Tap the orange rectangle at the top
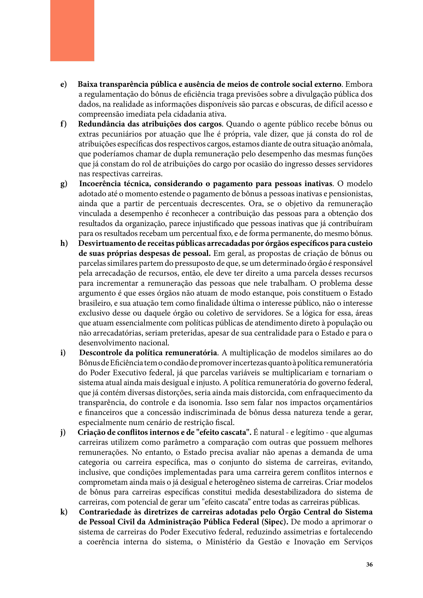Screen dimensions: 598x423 (x=72, y=31)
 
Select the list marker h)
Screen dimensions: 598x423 (x=64, y=244)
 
